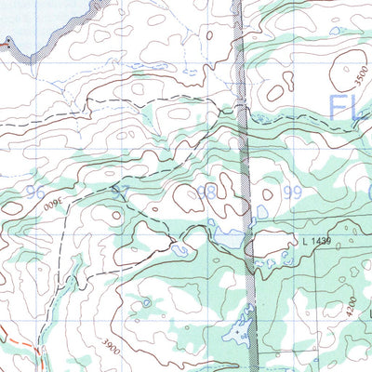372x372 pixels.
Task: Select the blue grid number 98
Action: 206,193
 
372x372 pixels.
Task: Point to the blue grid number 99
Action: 294,193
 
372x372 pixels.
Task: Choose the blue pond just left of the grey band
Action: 226,241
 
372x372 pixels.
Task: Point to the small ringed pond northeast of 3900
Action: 146,302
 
